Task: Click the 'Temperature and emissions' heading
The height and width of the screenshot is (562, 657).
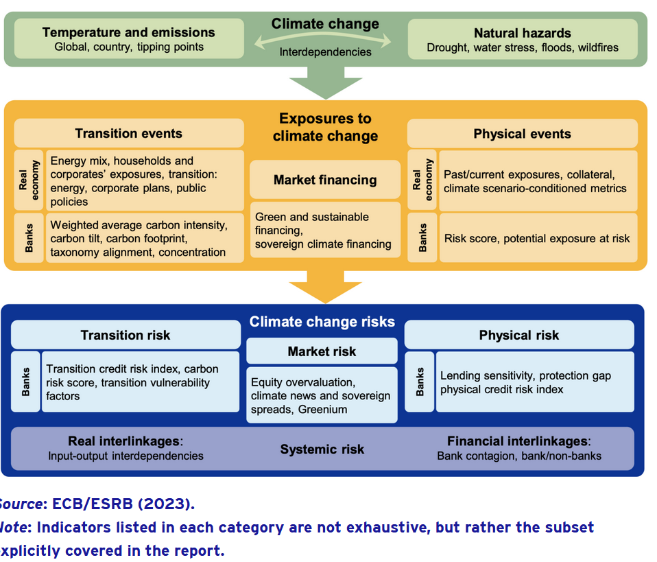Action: [x=128, y=32]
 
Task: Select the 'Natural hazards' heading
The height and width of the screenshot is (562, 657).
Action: [x=522, y=32]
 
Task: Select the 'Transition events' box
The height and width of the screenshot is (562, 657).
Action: [x=128, y=133]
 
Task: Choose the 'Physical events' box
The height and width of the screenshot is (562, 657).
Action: [x=522, y=133]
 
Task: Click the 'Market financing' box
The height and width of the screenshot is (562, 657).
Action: [x=325, y=180]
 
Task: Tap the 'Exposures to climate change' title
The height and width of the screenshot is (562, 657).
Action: [x=325, y=127]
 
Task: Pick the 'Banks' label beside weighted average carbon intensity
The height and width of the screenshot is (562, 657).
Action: [x=29, y=237]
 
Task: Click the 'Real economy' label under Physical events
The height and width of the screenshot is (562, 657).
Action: [x=422, y=180]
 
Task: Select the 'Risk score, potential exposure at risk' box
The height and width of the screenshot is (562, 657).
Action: [x=538, y=238]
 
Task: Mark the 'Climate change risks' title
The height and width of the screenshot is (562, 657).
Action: [x=322, y=321]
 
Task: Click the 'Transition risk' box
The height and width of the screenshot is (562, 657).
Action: [x=126, y=335]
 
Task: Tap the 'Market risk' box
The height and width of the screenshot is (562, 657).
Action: [x=322, y=351]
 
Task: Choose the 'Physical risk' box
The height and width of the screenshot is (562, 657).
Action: [x=518, y=335]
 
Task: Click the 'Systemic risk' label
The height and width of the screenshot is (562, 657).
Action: [x=322, y=449]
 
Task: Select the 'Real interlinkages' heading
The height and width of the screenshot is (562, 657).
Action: [x=125, y=441]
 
